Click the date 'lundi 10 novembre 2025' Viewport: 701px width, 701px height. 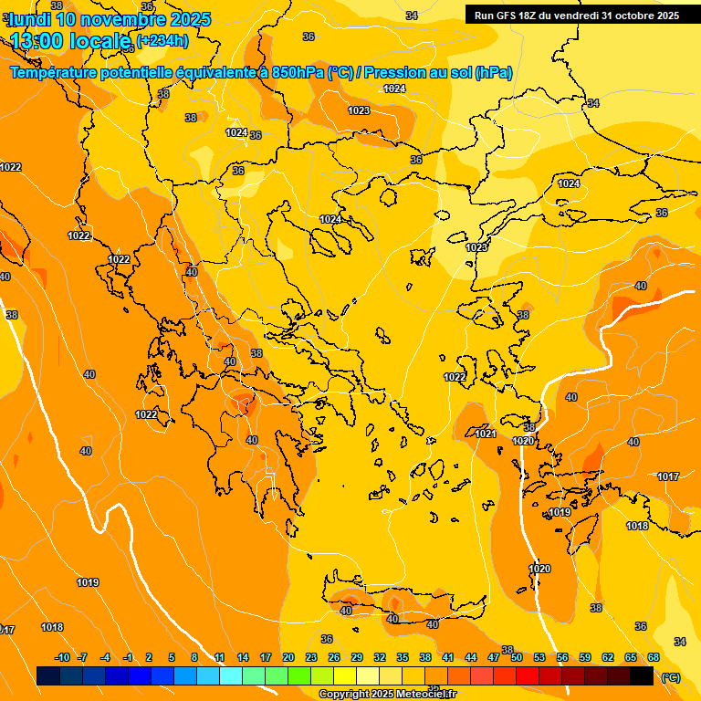pyautogui.click(x=110, y=19)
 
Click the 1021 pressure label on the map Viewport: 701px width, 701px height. pyautogui.click(x=486, y=434)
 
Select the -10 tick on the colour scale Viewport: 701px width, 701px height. pyautogui.click(x=62, y=657)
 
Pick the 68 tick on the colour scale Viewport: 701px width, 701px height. pyautogui.click(x=654, y=657)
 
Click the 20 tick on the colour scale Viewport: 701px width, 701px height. pyautogui.click(x=288, y=657)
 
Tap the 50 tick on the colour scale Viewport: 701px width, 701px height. pyautogui.click(x=517, y=657)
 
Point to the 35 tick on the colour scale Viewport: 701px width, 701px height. pyautogui.click(x=403, y=657)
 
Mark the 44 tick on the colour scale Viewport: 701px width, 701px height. pyautogui.click(x=471, y=657)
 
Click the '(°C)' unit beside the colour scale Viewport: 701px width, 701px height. pyautogui.click(x=670, y=676)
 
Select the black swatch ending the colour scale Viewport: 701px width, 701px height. pyautogui.click(x=642, y=675)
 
